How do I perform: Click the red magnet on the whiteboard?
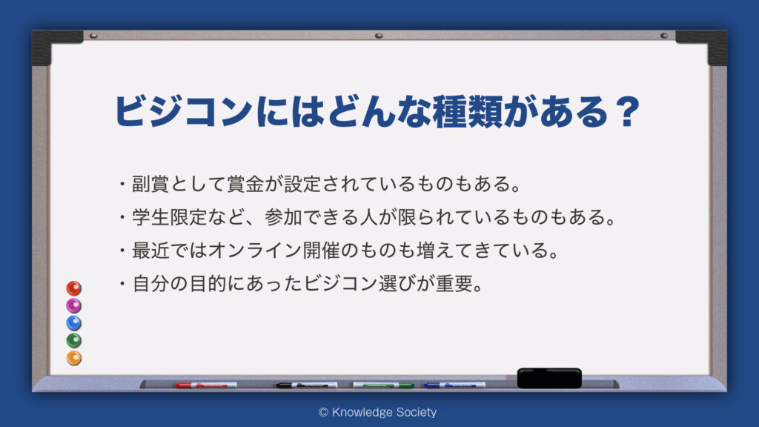coord(73,288)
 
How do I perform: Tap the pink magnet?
coord(73,305)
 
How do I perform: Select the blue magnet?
coord(73,323)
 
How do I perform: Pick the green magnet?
coord(73,340)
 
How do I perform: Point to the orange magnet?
coord(73,358)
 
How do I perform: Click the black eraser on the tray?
coord(549,377)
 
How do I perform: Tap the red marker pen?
coord(206,385)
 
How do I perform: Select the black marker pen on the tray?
coord(306,385)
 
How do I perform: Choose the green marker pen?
coord(383,385)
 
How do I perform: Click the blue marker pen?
coord(454,385)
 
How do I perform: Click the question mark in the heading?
coord(629,112)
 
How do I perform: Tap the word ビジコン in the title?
coord(184,112)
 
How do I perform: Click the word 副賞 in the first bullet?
coord(150,184)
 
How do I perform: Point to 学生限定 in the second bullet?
coord(170,217)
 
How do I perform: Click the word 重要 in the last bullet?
coord(454,283)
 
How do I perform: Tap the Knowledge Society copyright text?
coord(377,412)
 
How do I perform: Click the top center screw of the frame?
coord(379,36)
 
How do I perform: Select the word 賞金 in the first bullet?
coord(245,184)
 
